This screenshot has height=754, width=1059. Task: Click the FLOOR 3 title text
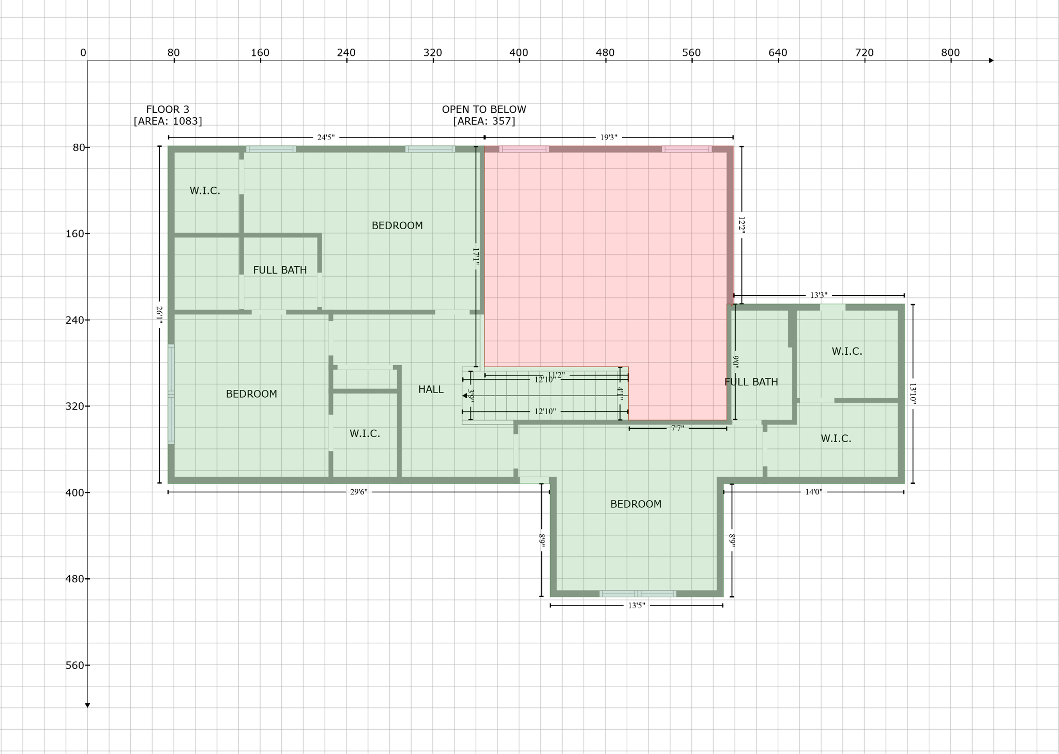pos(168,110)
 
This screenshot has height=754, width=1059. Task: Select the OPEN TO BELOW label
pos(484,110)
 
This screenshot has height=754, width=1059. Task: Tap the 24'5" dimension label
pos(326,138)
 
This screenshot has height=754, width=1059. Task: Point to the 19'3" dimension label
pos(609,138)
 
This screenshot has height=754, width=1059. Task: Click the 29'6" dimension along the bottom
pos(358,492)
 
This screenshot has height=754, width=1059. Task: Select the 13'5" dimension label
pos(637,606)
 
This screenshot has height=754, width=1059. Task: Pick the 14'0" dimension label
pos(813,492)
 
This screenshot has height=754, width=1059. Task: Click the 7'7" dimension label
pos(677,429)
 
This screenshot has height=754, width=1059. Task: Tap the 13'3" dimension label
pos(819,296)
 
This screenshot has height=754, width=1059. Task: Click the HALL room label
pos(431,389)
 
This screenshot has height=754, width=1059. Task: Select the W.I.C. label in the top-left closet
pos(205,191)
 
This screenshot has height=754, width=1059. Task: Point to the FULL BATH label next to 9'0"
pos(751,382)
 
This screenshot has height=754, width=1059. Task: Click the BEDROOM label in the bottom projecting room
pos(636,504)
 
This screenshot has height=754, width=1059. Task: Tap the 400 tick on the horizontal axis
pos(519,61)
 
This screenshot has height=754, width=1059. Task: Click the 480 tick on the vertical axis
pos(87,579)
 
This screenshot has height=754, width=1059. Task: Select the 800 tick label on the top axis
pos(950,52)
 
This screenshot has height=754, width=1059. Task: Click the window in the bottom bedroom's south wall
pos(638,594)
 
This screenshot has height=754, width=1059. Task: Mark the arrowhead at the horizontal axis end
pos(991,61)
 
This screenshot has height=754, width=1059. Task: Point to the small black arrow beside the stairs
pos(465,396)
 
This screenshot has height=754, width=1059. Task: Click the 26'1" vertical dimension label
pos(159,315)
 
